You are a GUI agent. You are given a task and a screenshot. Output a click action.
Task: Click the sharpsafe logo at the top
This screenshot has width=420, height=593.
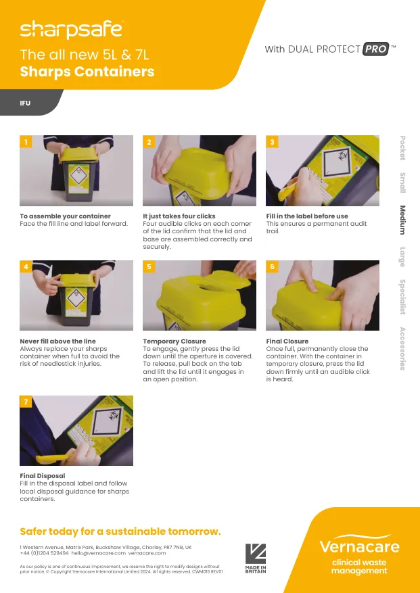coord(71,29)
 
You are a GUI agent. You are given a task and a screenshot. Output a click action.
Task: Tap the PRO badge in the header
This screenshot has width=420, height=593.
coord(375,49)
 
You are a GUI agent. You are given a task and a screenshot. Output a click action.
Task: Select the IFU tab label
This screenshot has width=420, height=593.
coord(25,104)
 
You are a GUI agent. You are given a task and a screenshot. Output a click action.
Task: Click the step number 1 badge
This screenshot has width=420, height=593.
coord(26,142)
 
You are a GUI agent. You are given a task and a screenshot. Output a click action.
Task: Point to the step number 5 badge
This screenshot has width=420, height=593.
coord(149,267)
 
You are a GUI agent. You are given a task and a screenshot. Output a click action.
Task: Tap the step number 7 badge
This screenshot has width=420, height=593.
coord(26,402)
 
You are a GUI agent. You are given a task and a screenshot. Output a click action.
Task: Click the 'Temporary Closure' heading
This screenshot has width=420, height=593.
coord(174,341)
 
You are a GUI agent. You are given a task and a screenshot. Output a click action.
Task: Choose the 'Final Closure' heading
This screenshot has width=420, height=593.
coord(287,341)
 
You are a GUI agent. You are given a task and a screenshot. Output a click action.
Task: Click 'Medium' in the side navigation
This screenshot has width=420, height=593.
coord(402,220)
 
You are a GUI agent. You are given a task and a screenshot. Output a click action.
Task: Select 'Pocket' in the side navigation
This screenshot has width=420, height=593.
coord(402,148)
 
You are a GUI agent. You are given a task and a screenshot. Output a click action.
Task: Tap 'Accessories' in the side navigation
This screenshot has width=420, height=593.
coord(402,348)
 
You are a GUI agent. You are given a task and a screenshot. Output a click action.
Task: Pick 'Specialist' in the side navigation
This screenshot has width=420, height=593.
coord(402,297)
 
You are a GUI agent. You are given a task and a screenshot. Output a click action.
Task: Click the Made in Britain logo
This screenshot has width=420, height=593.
coord(255,558)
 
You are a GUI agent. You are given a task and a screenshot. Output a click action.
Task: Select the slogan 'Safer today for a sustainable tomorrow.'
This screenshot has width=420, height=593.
coord(120,531)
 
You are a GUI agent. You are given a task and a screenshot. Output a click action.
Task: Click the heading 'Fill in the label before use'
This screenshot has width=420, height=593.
coord(307,216)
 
